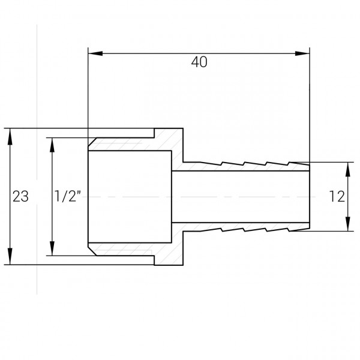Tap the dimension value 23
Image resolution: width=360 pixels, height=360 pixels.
(x=20, y=196)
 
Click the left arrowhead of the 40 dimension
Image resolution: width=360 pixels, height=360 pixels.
(x=94, y=54)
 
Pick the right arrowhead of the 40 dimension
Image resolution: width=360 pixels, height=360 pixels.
(x=305, y=54)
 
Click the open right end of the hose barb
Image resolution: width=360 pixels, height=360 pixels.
(x=310, y=196)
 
